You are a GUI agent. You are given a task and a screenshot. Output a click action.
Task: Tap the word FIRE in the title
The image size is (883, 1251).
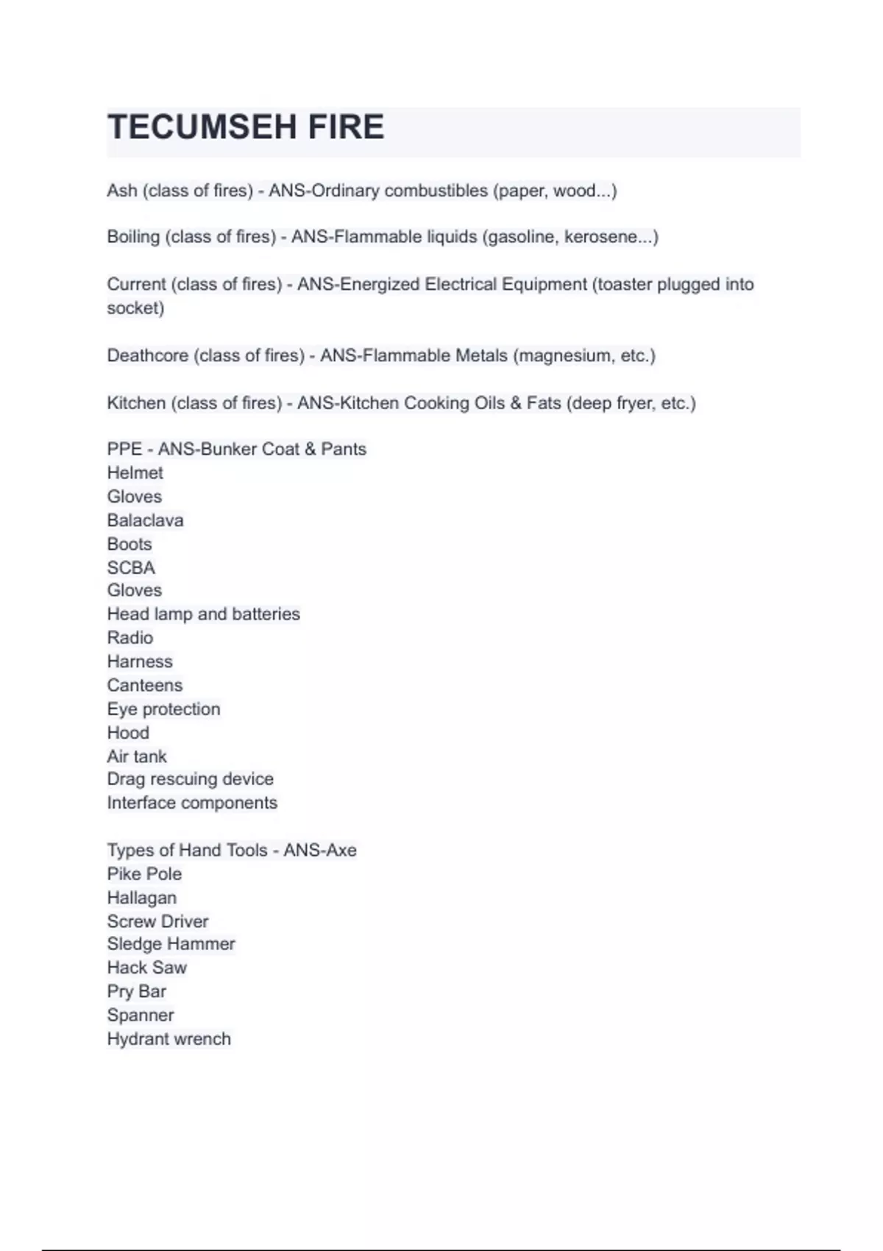(346, 127)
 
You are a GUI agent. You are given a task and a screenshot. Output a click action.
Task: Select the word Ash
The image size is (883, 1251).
(122, 191)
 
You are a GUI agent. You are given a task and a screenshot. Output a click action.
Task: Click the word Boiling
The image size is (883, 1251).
(133, 237)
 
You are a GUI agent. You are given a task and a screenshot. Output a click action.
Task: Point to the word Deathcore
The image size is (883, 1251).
(148, 355)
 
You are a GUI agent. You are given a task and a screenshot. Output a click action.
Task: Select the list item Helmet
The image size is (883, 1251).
(135, 472)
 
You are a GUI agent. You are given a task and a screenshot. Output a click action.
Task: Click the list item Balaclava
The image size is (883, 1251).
(145, 520)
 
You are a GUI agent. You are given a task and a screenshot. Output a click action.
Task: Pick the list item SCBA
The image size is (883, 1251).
(131, 567)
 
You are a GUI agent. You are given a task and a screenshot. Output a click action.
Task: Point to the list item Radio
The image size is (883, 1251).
(130, 637)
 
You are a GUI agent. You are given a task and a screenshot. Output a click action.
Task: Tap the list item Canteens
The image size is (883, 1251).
(144, 685)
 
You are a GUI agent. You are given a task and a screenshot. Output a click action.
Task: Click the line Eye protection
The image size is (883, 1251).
(163, 709)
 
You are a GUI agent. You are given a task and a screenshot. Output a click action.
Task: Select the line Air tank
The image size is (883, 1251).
(137, 756)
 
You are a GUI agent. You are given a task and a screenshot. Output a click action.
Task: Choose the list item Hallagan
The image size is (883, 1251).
(141, 898)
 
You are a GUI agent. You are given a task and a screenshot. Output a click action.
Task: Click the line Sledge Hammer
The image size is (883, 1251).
(171, 943)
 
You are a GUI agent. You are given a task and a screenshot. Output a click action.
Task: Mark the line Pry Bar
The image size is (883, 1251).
(136, 991)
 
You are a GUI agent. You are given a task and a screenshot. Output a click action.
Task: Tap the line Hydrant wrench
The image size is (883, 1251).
(169, 1038)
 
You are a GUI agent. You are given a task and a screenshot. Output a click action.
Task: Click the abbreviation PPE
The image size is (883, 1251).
(124, 449)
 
